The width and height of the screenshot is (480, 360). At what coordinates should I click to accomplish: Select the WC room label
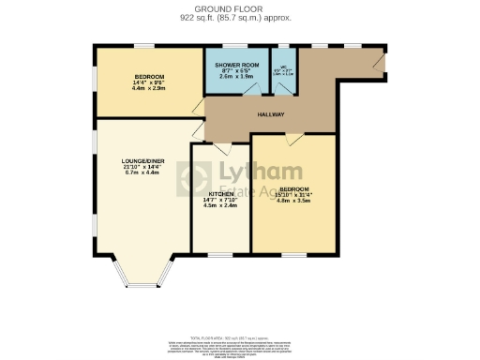point(282,67)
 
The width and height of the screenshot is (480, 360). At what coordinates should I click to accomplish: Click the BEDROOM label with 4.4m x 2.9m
point(149,76)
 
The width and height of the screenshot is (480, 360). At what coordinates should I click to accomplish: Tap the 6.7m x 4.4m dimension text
point(142,172)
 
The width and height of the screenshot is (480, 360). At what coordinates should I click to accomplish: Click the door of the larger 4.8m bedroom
point(293,140)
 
